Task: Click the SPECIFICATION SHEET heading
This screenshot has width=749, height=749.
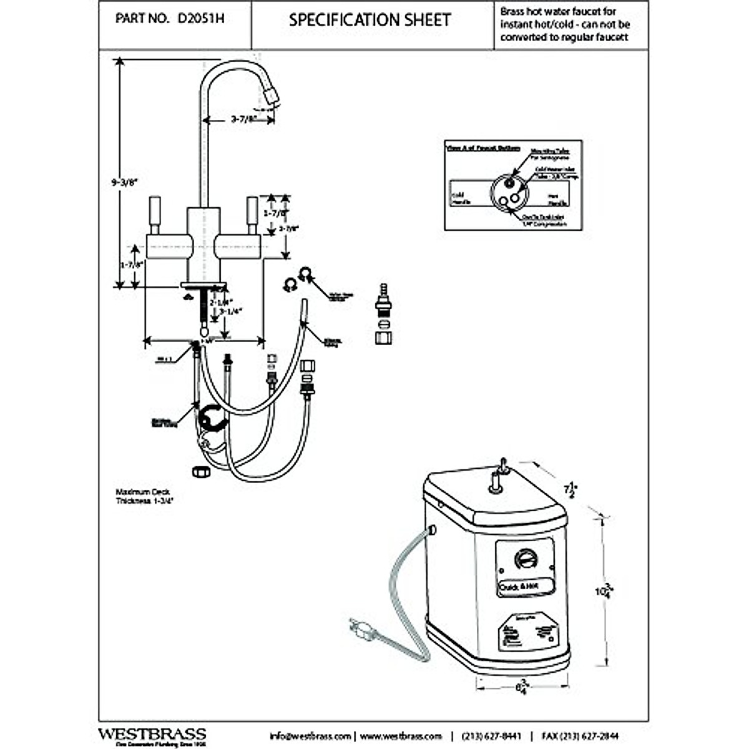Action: click(x=370, y=20)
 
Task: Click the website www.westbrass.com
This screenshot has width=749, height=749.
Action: click(x=401, y=736)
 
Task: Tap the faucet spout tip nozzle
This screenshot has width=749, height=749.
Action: click(x=272, y=97)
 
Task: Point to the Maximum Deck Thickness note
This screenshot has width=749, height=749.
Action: click(x=143, y=496)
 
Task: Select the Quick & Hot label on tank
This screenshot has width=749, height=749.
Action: click(x=518, y=587)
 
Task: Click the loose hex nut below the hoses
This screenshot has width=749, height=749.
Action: click(x=200, y=472)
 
